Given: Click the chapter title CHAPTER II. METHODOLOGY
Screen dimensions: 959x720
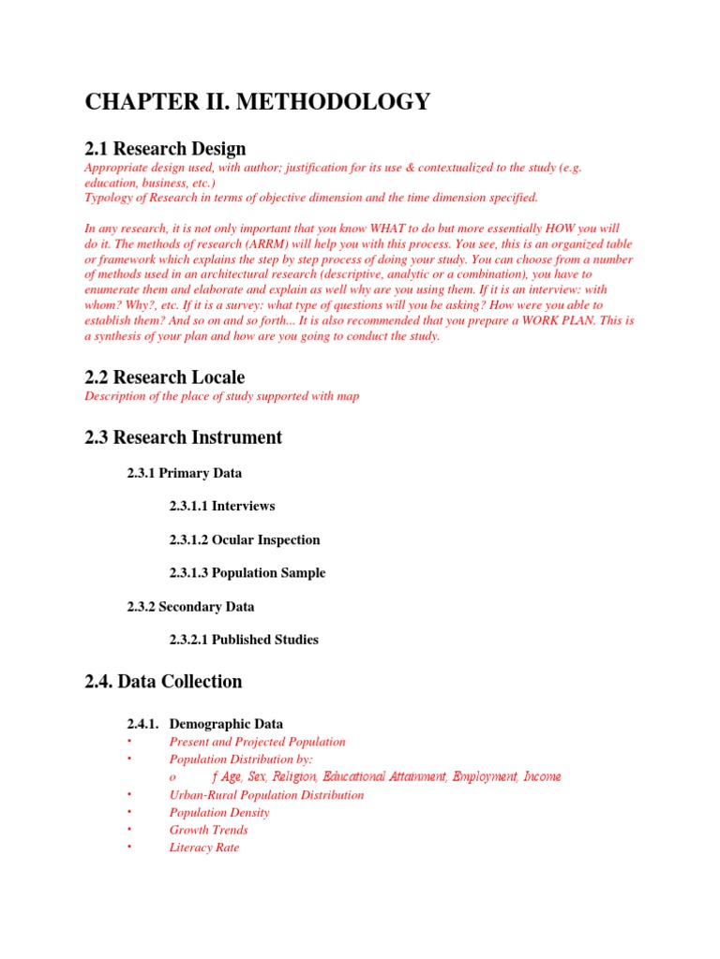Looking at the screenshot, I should pyautogui.click(x=258, y=102).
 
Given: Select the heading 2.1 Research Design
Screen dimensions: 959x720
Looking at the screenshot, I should pyautogui.click(x=165, y=148).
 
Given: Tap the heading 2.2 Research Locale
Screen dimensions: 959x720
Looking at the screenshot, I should pyautogui.click(x=165, y=377).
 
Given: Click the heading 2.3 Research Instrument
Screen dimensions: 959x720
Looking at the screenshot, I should pyautogui.click(x=183, y=437).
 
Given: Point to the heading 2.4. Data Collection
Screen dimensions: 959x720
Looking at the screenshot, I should pyautogui.click(x=163, y=682).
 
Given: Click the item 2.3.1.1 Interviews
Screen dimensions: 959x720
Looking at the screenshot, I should pyautogui.click(x=222, y=506).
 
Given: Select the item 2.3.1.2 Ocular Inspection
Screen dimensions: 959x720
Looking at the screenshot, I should pyautogui.click(x=245, y=539).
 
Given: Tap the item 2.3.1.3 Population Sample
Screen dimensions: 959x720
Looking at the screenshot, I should pyautogui.click(x=247, y=572).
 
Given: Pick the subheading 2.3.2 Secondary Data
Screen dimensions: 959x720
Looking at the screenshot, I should pyautogui.click(x=190, y=607).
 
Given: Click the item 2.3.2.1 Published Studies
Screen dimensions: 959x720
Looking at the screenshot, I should pyautogui.click(x=244, y=640).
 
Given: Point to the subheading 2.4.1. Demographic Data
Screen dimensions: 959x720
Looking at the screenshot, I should pyautogui.click(x=204, y=724).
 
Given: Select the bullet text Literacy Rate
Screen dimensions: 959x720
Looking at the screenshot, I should pyautogui.click(x=204, y=848).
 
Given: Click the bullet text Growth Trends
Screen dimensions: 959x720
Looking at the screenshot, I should pyautogui.click(x=208, y=830).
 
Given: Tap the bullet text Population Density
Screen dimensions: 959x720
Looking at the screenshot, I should pyautogui.click(x=219, y=813).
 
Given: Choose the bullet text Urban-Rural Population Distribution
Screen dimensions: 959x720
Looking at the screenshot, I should pyautogui.click(x=266, y=795).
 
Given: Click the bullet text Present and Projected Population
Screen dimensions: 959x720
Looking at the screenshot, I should pyautogui.click(x=257, y=742).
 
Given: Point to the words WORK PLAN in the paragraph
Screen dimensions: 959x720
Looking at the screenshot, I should pyautogui.click(x=569, y=320).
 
